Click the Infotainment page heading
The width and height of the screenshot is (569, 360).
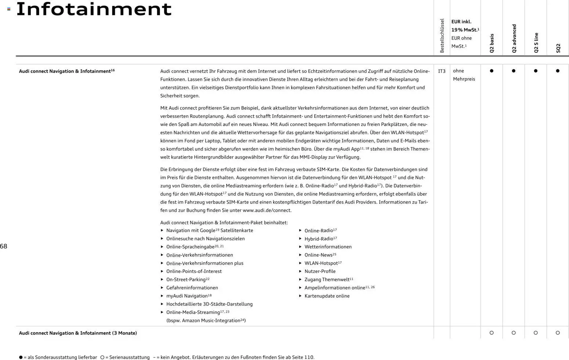[94, 9]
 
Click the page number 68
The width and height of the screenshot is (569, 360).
[4, 246]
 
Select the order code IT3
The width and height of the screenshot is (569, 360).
[442, 71]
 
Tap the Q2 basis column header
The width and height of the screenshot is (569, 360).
[492, 43]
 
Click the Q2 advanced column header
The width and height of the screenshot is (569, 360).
[514, 39]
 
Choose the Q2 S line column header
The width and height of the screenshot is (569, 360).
[536, 43]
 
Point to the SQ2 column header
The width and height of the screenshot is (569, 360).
[558, 48]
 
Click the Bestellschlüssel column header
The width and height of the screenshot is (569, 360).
[442, 36]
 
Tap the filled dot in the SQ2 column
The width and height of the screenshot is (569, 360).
[558, 71]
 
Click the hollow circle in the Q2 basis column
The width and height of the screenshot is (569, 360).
[492, 333]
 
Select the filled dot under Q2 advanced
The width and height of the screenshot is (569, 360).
[514, 71]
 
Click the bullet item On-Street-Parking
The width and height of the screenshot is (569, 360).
[186, 280]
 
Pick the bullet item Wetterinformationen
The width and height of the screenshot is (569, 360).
[328, 247]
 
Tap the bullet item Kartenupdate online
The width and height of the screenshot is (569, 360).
[327, 296]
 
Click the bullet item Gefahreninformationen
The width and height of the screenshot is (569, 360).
[192, 288]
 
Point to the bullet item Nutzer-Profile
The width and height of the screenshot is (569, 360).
[320, 272]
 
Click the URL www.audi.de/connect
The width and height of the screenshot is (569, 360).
[267, 211]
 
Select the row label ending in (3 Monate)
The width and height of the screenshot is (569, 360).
[78, 333]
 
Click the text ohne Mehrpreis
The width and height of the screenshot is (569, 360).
[464, 75]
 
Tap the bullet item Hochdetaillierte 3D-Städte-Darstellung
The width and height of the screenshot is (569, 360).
[209, 304]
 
